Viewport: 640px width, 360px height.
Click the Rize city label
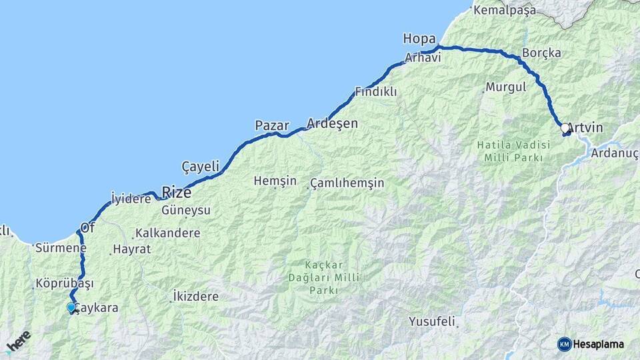tap(176, 193)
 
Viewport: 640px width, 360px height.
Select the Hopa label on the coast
tap(419, 39)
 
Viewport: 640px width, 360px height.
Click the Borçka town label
tap(541, 53)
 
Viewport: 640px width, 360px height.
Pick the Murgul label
tap(506, 87)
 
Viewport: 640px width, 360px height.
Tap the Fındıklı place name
tap(375, 91)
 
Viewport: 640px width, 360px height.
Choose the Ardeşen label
tap(332, 123)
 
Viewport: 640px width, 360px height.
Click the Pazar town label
tap(272, 125)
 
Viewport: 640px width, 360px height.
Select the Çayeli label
tap(200, 166)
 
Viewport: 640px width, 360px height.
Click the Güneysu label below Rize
tap(186, 210)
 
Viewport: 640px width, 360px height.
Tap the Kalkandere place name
tap(167, 233)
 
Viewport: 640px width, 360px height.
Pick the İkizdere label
tap(195, 295)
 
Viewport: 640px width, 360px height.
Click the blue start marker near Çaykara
tap(71, 307)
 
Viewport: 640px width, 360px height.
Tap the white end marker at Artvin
tap(565, 127)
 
